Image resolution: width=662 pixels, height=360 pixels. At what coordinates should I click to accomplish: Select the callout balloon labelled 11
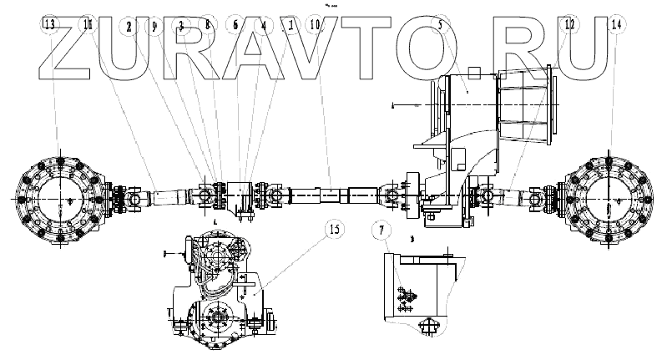[x=88, y=25]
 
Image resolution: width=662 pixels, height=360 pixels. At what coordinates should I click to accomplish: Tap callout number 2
[x=129, y=25]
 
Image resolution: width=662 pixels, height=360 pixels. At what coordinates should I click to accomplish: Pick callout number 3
[x=181, y=25]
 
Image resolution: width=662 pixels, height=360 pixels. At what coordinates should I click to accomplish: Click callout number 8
[x=208, y=25]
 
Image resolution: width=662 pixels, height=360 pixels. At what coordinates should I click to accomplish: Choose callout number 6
[x=235, y=25]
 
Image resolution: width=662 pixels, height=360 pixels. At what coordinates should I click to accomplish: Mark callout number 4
[x=263, y=25]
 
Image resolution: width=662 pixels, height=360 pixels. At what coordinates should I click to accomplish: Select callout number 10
[x=315, y=25]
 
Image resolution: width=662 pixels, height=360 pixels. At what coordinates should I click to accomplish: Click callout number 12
[x=569, y=25]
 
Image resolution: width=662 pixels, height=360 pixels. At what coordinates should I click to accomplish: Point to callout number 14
[x=616, y=25]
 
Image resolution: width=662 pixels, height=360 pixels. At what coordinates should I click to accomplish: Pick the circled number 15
[x=332, y=231]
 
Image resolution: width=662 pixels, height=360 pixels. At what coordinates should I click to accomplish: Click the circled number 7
[x=382, y=231]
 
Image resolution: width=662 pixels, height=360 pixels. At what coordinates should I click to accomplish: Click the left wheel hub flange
[x=58, y=199]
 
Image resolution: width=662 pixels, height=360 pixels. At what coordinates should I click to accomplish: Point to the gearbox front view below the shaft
[x=221, y=292]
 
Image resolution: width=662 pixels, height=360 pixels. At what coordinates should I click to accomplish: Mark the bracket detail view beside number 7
[x=417, y=288]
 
